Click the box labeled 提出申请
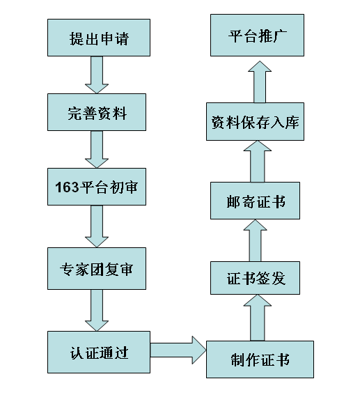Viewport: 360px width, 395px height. point(97,37)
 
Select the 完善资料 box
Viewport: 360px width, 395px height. point(97,111)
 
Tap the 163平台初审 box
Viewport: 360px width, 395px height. point(97,186)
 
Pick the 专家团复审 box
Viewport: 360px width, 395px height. point(97,268)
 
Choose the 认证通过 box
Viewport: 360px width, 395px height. point(97,352)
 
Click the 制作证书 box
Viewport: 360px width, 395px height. point(260,359)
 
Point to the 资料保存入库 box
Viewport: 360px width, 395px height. point(256,122)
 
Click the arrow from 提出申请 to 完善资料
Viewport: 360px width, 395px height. point(97,75)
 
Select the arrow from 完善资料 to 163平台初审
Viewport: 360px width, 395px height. point(97,149)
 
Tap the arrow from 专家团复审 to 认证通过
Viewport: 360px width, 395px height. point(97,310)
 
